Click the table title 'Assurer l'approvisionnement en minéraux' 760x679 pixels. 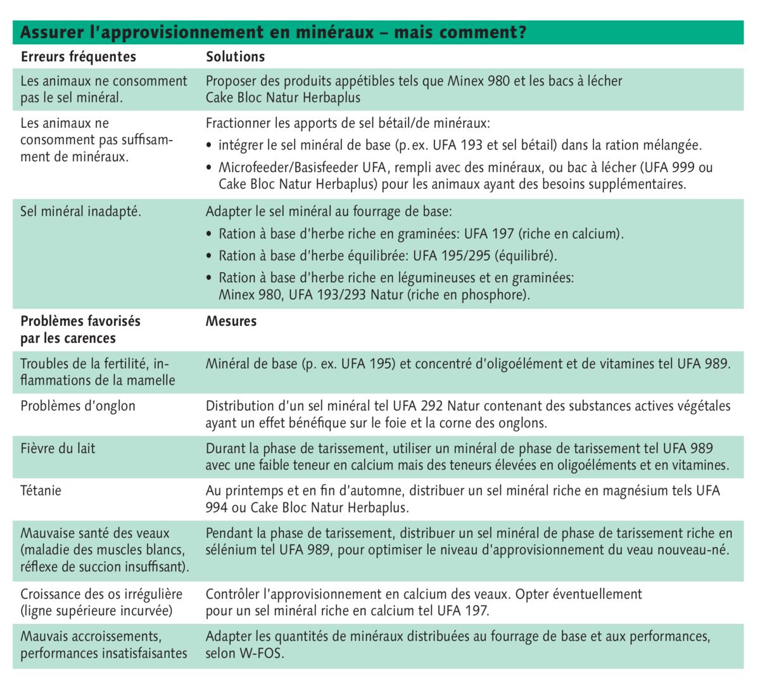pos(197,32)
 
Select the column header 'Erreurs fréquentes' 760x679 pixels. pos(78,56)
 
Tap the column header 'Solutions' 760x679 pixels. pos(235,56)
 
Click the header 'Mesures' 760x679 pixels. pos(231,321)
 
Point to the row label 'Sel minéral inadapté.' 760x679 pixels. pos(80,211)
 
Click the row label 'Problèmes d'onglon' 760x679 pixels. pos(78,406)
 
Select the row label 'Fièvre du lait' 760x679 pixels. pos(58,449)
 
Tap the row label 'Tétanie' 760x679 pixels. pos(41,490)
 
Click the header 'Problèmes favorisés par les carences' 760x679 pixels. pos(80,329)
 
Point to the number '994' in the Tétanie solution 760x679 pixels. pos(216,508)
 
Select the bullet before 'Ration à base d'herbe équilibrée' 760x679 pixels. pos(210,256)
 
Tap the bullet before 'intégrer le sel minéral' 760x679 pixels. pos(210,146)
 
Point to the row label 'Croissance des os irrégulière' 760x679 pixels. pos(101,594)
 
